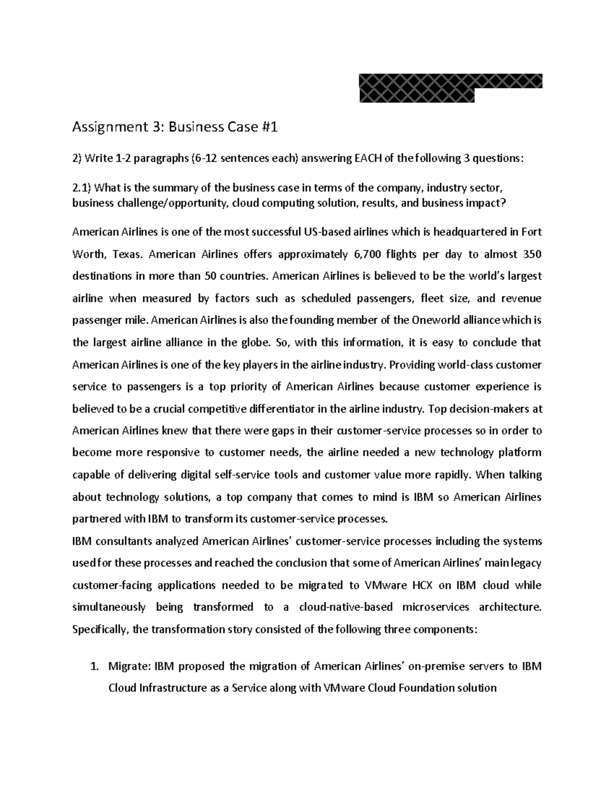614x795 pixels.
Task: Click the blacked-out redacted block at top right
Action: tap(450, 88)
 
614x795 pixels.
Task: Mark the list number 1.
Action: tap(93, 667)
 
